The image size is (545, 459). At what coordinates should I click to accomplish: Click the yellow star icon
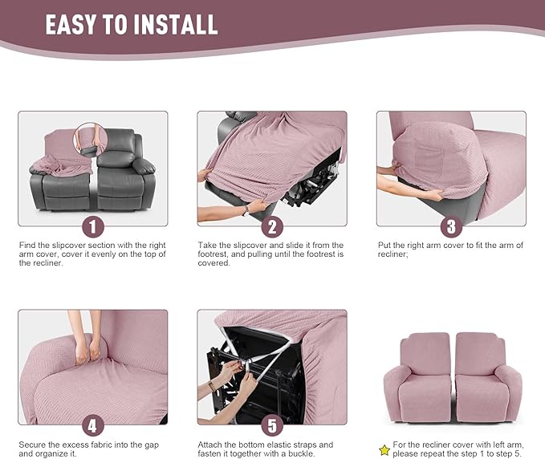tap(384, 449)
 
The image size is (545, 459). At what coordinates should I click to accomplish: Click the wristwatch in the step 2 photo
tap(246, 209)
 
